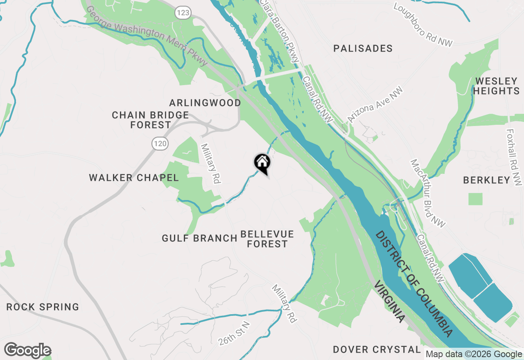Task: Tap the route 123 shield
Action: tap(183, 13)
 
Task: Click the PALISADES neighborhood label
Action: tap(363, 49)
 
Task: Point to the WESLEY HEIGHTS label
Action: tap(497, 85)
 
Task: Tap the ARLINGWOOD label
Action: tap(205, 103)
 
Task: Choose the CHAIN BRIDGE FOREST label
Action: tap(151, 120)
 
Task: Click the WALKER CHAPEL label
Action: tap(134, 178)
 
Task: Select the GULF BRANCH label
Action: tap(200, 238)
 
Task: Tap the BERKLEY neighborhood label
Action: tap(487, 180)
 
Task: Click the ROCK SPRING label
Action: tap(43, 307)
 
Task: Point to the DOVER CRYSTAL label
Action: tap(377, 349)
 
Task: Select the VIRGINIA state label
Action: tap(389, 301)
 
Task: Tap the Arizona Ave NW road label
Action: tap(375, 105)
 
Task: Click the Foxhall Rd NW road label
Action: tap(515, 157)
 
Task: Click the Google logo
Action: tap(27, 351)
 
